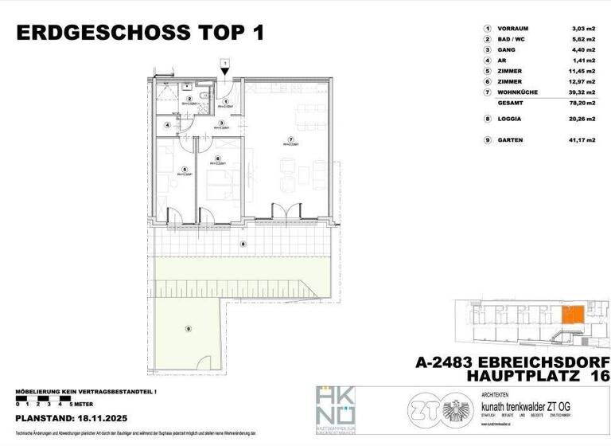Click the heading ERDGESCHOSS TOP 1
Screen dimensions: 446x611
[139, 33]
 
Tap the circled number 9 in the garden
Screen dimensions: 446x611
[189, 328]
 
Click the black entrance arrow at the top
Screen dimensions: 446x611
[226, 71]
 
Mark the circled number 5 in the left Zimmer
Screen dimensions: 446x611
[183, 168]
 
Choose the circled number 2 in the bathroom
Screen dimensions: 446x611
[189, 98]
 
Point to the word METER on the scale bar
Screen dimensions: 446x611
[77, 405]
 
